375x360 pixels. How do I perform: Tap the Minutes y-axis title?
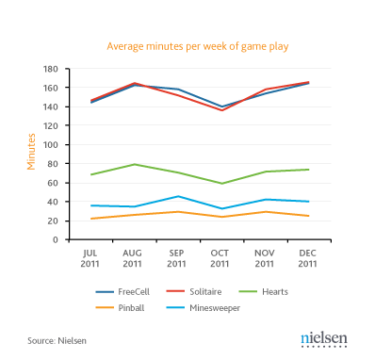pos(30,153)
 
